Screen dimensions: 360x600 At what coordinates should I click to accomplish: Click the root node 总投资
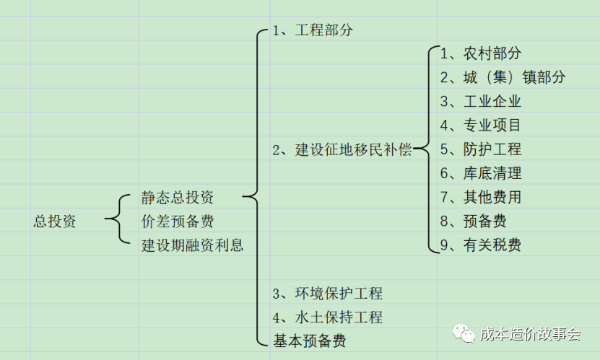click(55, 221)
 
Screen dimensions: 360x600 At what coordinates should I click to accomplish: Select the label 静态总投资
click(178, 198)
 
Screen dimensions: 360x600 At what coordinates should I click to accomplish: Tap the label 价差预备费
click(178, 221)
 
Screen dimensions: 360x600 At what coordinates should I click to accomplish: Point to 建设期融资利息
click(193, 245)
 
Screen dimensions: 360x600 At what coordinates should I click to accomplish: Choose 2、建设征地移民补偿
click(342, 150)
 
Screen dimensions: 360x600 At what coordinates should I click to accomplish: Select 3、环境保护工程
click(328, 294)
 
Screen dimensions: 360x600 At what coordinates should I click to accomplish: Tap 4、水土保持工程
click(328, 317)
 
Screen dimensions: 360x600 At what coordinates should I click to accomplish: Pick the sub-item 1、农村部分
click(481, 53)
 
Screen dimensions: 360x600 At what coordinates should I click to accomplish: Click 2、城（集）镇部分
click(503, 77)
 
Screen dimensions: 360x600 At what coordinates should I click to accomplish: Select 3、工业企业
click(481, 102)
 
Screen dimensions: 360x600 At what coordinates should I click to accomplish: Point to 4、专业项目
click(481, 126)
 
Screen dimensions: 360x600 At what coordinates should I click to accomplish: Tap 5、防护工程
click(481, 149)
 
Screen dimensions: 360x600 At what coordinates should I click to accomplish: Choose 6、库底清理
click(481, 173)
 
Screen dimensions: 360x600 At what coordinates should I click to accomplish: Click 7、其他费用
click(481, 197)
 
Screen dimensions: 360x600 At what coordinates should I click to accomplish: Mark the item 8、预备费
click(474, 221)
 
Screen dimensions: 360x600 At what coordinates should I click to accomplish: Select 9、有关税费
click(481, 245)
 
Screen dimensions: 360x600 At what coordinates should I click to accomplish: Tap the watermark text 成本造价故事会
click(531, 334)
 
